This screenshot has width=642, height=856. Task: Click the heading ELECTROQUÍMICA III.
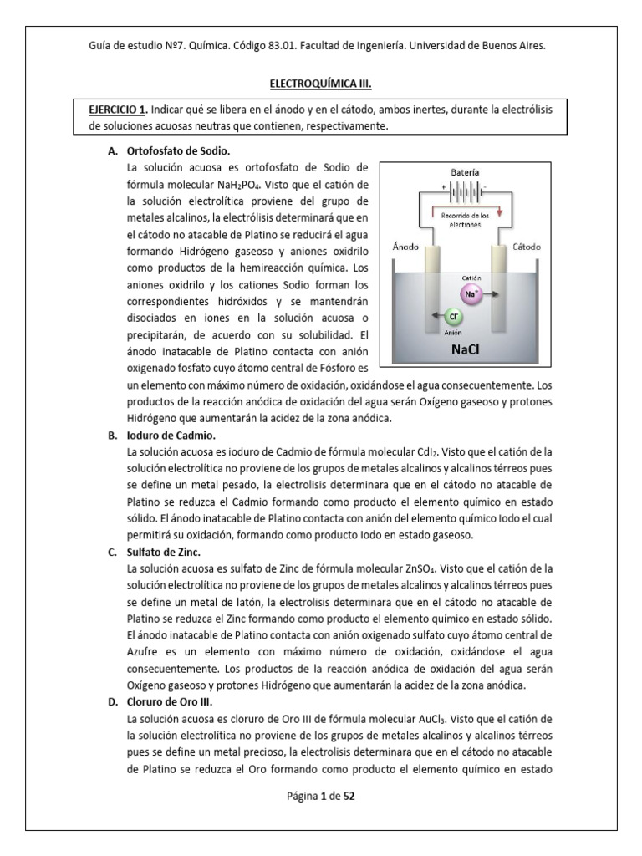click(321, 84)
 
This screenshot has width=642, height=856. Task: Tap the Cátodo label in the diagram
click(527, 247)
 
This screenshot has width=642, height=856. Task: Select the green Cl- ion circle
click(453, 318)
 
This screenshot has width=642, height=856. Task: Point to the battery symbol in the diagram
click(464, 190)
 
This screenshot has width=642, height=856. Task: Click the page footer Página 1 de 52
click(320, 797)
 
